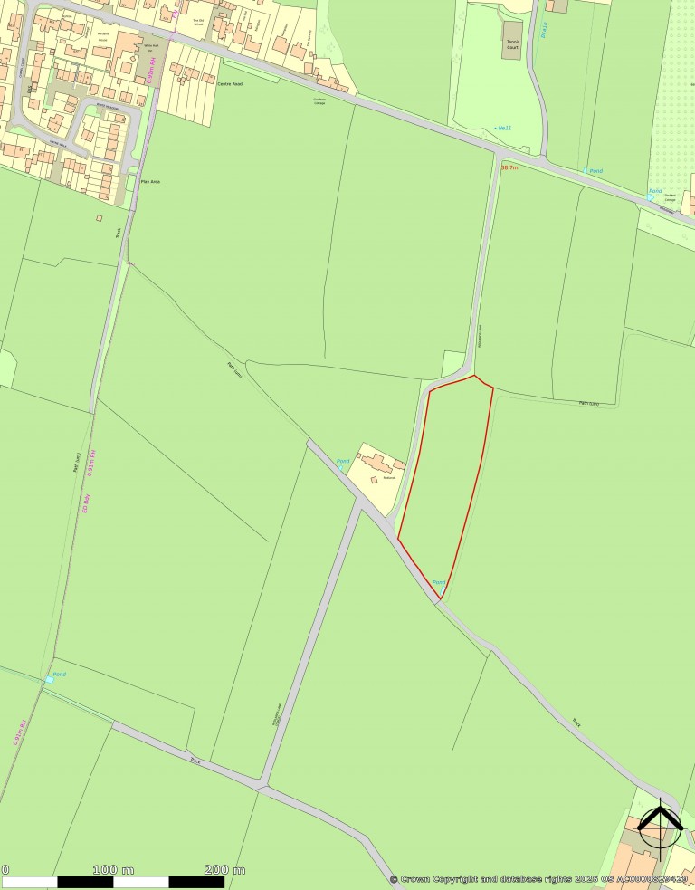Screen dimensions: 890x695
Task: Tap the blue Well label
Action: point(503,129)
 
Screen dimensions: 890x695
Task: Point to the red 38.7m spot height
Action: point(509,167)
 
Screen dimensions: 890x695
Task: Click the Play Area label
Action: point(149,182)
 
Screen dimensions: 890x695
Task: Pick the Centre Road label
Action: point(231,83)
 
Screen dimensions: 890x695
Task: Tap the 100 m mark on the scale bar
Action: point(114,870)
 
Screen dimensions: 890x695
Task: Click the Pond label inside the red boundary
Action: point(438,582)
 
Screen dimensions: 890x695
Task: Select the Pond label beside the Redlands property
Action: point(343,462)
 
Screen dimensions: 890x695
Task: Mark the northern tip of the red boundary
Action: point(474,376)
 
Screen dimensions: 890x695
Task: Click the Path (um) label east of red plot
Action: point(589,403)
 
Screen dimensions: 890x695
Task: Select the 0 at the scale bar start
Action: point(5,870)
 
